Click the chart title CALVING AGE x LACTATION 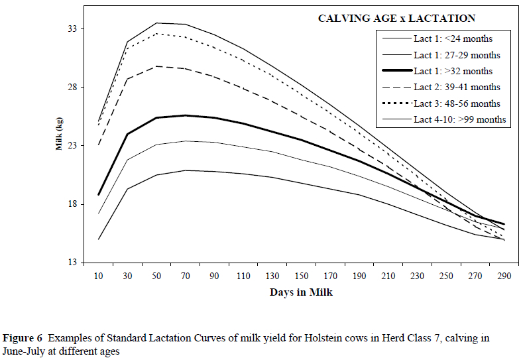pyautogui.click(x=396, y=19)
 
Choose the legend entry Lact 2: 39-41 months pyautogui.click(x=457, y=87)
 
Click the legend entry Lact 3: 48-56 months pyautogui.click(x=457, y=103)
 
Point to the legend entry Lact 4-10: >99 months pyautogui.click(x=459, y=119)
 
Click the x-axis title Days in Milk pyautogui.click(x=302, y=292)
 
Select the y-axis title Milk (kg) pyautogui.click(x=59, y=138)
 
